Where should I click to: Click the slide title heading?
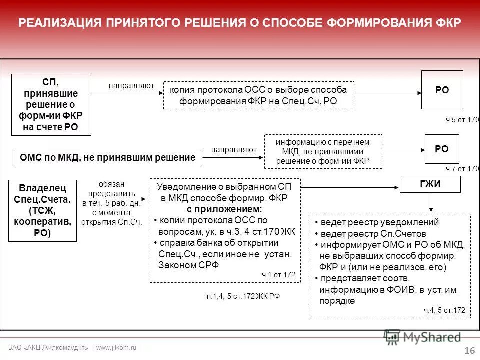pos(239,23)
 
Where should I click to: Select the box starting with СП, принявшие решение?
pos(51,105)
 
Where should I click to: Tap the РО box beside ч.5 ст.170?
pos(442,90)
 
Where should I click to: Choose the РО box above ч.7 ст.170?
pos(442,149)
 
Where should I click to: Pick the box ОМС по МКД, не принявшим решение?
pos(107,158)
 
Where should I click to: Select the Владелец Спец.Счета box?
pos(43,211)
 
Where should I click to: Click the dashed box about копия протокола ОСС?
pos(259,95)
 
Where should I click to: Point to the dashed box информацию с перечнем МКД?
pos(323,151)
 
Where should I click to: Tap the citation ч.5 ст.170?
pos(462,120)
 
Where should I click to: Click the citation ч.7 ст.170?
pos(462,169)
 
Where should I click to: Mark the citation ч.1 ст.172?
pos(278,275)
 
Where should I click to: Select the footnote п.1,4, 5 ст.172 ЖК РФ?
pos(243,296)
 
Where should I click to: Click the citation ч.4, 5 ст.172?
pos(444,310)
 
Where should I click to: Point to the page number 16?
pos(469,351)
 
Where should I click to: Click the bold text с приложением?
pos(224,209)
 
